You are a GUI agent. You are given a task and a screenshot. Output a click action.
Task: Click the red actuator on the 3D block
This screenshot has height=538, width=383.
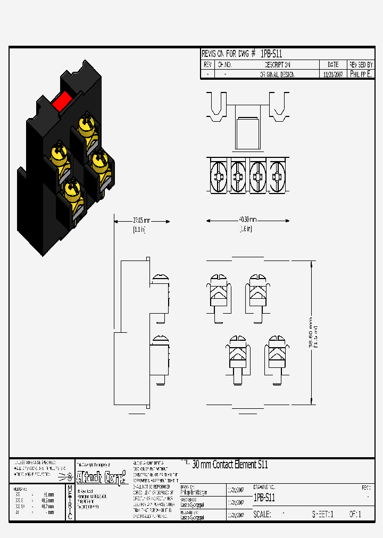(x=62, y=99)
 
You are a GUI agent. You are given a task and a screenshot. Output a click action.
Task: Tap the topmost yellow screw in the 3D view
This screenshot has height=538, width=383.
(x=85, y=124)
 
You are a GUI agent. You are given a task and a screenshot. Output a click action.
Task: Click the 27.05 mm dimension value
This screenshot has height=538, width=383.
(x=141, y=220)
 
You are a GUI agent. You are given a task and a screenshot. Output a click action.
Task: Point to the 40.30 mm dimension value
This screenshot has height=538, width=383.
(x=248, y=220)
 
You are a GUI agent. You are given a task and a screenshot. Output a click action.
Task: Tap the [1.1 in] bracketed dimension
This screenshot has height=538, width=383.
(x=139, y=229)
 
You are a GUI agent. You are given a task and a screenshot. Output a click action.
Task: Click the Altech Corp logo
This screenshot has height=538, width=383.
(x=102, y=476)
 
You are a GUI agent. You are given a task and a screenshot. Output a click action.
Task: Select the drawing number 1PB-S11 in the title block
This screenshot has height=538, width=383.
(x=264, y=498)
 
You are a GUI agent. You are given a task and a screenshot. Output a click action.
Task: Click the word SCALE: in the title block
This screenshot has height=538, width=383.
(x=262, y=515)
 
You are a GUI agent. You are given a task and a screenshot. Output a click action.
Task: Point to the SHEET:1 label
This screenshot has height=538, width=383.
(x=322, y=515)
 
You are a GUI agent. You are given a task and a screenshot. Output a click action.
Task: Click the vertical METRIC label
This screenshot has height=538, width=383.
(x=70, y=502)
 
